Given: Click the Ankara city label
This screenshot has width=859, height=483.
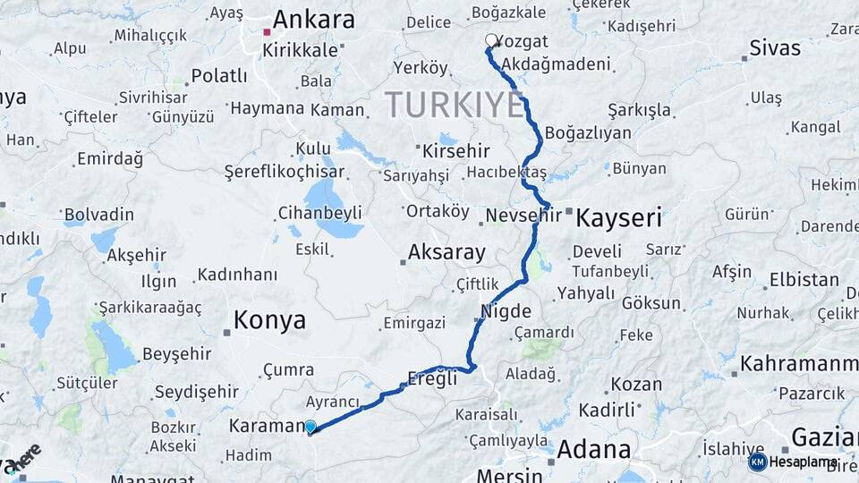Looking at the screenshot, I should click(x=313, y=20).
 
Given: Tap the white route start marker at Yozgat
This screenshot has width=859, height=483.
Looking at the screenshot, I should click(x=491, y=40).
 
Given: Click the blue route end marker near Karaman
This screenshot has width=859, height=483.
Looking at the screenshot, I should click(x=310, y=428).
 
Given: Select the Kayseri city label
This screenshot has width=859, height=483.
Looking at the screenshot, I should click(x=618, y=217).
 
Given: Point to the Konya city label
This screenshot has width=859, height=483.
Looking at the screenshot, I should click(x=269, y=319).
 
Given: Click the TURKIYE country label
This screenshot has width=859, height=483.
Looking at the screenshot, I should click(x=455, y=106).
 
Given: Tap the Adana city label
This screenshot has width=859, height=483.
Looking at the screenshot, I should click(x=593, y=450).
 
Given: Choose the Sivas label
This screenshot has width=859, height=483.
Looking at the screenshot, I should click(x=775, y=47).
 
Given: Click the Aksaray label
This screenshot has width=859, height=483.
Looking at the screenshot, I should click(x=447, y=252).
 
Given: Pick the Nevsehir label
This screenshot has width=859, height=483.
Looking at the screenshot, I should click(x=523, y=215).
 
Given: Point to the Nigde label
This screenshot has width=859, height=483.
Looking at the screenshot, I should click(x=506, y=312).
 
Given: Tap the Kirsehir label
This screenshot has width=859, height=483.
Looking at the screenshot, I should click(x=456, y=151).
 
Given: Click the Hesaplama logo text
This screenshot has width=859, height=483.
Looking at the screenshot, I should click(x=804, y=462).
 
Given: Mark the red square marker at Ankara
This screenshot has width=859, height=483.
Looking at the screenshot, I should click(x=267, y=32).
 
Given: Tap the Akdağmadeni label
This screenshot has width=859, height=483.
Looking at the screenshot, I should click(x=557, y=64).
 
